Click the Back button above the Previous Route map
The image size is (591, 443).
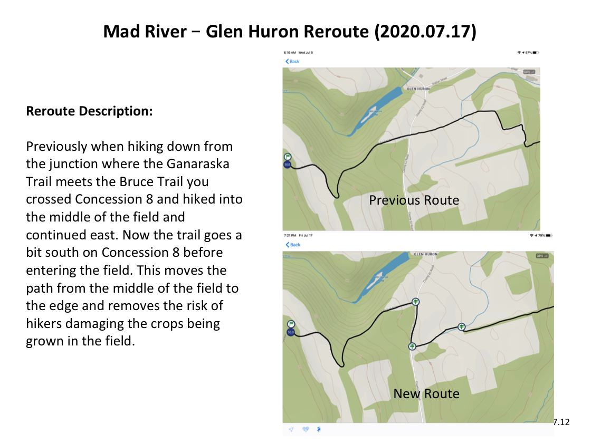(x=292, y=62)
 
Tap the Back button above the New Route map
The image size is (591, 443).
(x=293, y=245)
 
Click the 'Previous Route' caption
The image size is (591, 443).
(x=414, y=200)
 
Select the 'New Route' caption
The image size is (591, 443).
(x=426, y=393)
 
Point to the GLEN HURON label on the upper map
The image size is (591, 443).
(x=418, y=89)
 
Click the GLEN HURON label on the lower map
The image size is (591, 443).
(x=426, y=254)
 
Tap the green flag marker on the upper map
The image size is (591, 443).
(x=288, y=157)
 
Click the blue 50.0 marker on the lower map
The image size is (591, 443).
(x=290, y=332)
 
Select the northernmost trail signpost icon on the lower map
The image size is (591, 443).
(x=416, y=302)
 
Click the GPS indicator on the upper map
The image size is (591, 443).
(x=527, y=72)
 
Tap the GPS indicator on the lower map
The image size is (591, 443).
(x=542, y=256)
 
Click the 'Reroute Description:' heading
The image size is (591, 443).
(x=89, y=112)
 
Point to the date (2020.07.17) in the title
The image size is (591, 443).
(x=425, y=32)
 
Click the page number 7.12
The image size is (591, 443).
(x=561, y=421)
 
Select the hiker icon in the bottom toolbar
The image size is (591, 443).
(x=319, y=429)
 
